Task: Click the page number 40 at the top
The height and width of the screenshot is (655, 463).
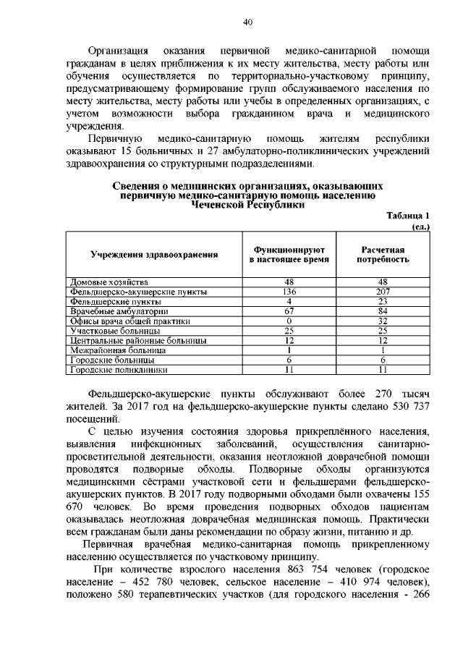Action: [x=247, y=22]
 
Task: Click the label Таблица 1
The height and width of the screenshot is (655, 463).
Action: [x=408, y=216]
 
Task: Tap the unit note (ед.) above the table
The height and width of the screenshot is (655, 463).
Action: [x=420, y=227]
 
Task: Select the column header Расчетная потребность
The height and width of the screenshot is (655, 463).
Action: [x=383, y=254]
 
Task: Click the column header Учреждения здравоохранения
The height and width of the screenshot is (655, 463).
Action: [x=154, y=255]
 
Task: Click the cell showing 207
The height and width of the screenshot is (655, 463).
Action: [x=383, y=292]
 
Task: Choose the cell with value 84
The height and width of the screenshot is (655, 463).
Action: [x=383, y=311]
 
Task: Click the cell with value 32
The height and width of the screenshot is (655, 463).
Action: [x=383, y=321]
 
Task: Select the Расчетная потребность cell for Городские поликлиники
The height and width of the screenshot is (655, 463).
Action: [x=383, y=370]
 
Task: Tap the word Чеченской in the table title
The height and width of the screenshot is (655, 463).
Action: [x=220, y=205]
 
